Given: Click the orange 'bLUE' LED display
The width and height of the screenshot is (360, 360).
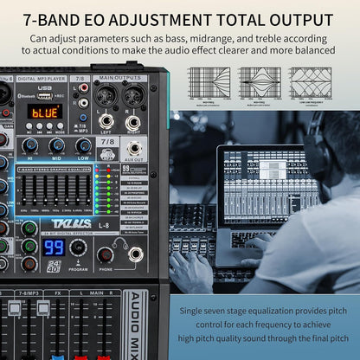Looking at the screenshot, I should click(x=44, y=111).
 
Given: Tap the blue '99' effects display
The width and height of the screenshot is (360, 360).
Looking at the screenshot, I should click(x=54, y=247).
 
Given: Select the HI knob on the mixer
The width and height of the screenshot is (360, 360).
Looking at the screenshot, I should click(x=31, y=145).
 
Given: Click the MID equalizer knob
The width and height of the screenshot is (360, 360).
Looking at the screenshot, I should click(x=57, y=145).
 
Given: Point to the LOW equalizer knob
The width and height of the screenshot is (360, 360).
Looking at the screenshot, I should click(x=83, y=145).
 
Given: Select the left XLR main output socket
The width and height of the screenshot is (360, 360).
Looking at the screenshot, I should click(x=106, y=97).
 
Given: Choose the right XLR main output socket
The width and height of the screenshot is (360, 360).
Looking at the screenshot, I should click(x=133, y=97).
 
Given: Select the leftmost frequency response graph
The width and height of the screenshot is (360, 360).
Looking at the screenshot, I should click(x=209, y=81).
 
